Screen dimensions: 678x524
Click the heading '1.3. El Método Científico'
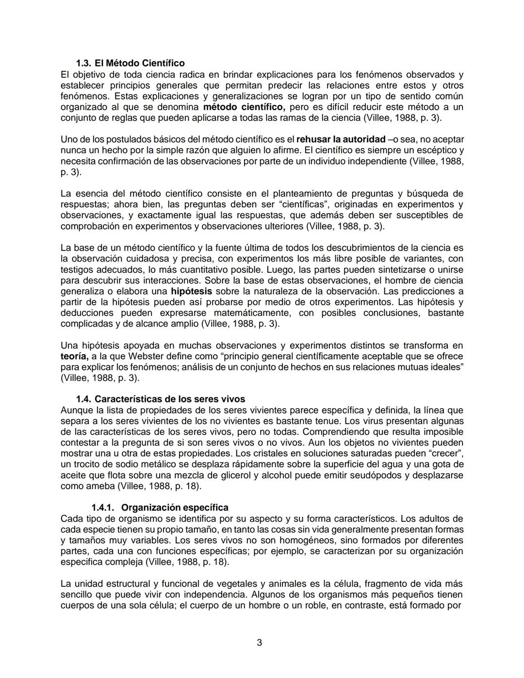tap(130, 64)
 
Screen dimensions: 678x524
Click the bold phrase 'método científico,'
tap(244, 107)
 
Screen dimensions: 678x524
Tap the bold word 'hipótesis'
tap(191, 291)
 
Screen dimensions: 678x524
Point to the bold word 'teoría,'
tap(74, 356)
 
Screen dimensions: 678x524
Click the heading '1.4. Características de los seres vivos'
tap(161, 399)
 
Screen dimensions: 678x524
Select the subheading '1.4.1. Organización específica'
tap(160, 508)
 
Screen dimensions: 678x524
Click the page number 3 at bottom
tap(259, 643)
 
